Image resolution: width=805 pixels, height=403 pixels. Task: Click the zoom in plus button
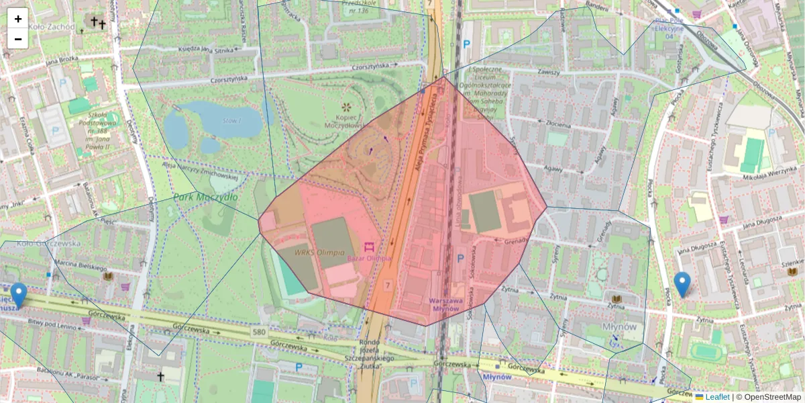pos(18,19)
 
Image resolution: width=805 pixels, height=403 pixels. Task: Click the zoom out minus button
pos(18,38)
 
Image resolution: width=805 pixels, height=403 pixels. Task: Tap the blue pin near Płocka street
pos(682,284)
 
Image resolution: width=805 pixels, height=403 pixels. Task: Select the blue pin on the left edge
pos(19,295)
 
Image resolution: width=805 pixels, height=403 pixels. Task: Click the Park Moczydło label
pos(205,197)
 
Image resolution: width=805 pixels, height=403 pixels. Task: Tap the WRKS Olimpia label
pos(319,253)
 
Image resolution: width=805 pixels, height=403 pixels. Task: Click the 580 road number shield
pos(260,332)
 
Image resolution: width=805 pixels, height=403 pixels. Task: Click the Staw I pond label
pos(231,120)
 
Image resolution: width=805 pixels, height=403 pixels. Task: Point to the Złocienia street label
pos(557,125)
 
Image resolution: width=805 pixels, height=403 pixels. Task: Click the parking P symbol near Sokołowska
pos(461,258)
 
